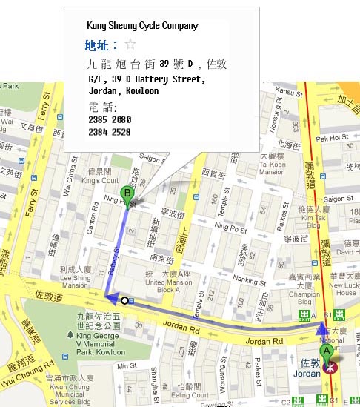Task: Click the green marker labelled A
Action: tap(326, 352)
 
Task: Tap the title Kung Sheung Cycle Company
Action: tap(142, 26)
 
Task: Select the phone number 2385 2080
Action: tap(109, 120)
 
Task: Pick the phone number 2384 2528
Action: tap(109, 132)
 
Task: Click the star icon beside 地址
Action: tap(130, 44)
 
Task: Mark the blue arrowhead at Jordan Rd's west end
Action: tap(110, 299)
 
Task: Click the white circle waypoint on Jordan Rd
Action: tap(124, 300)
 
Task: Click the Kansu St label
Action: tap(289, 91)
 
